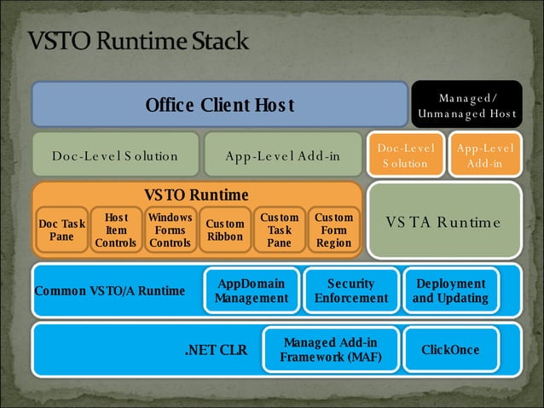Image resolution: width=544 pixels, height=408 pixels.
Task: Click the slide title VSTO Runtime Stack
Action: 138,41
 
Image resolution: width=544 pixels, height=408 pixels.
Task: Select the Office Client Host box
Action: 219,105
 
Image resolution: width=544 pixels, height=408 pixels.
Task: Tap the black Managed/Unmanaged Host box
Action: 466,106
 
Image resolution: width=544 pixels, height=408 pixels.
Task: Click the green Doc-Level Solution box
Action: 115,155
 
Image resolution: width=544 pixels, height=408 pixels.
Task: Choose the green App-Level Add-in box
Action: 282,155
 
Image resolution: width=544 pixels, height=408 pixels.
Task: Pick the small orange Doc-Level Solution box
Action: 407,154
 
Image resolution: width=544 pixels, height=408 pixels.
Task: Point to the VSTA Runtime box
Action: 443,222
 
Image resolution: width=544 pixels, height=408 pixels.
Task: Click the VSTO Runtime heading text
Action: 196,195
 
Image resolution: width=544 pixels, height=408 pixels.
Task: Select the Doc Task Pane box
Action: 61,230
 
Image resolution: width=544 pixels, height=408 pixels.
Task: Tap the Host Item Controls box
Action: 116,230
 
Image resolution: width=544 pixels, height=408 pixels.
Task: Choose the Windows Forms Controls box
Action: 171,230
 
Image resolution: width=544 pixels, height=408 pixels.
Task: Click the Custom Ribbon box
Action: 225,230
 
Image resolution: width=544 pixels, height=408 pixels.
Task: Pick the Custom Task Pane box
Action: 279,230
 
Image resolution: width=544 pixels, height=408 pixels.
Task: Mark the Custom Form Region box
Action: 333,230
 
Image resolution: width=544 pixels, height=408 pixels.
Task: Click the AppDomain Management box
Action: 252,291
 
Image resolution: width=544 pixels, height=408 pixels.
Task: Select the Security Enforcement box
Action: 350,291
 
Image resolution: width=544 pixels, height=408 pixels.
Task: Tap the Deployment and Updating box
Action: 450,291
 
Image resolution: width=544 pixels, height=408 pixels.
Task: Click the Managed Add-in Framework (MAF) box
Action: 331,350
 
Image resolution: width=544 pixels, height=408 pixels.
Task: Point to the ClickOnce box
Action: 450,350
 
